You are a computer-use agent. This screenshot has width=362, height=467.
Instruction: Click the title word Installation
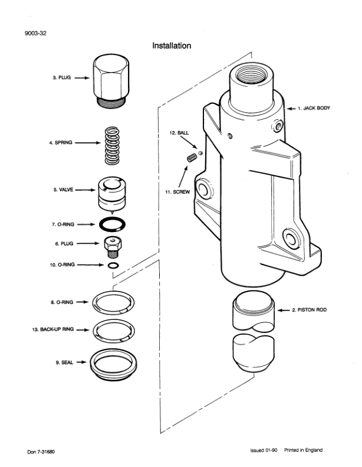point(172,45)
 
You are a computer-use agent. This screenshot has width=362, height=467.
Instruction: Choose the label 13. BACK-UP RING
point(52,329)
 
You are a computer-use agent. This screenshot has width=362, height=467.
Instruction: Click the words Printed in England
point(303,450)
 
